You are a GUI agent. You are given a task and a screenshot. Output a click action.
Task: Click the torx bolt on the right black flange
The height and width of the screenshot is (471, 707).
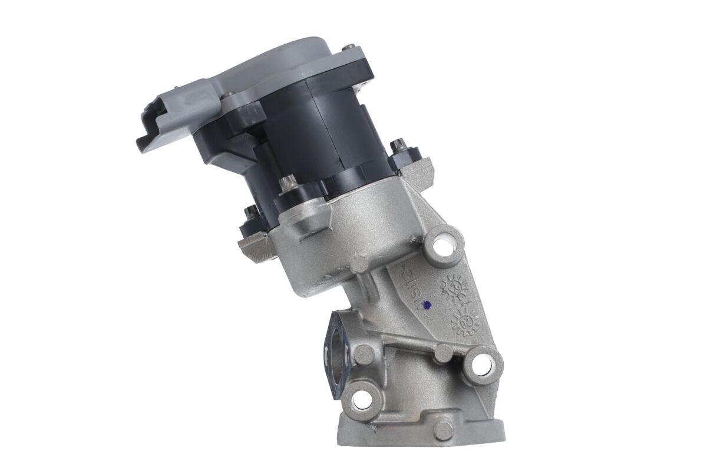click(399, 145)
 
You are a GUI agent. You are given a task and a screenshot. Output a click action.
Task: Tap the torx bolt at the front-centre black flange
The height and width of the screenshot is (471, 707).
click(288, 184)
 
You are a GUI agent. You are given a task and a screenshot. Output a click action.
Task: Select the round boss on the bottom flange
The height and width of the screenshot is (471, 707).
click(443, 430)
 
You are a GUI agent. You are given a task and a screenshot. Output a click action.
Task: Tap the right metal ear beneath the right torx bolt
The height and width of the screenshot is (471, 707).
click(419, 171)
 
